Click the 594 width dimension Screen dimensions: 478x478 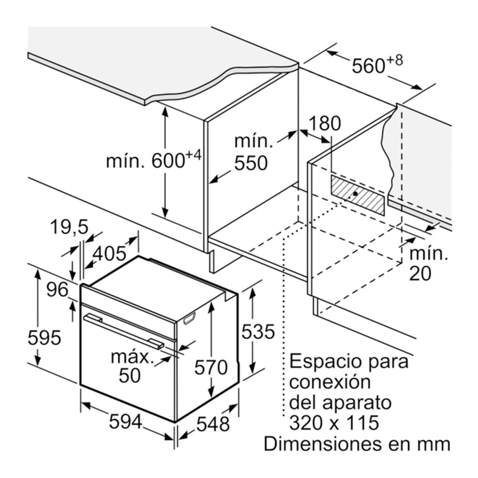[126, 422]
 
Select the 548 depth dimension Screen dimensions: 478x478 [213, 424]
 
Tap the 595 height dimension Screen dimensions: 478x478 [44, 337]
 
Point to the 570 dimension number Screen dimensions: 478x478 [211, 367]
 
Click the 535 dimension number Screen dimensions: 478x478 [258, 332]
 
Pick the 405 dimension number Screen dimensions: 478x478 [109, 253]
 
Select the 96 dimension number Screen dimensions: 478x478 [57, 290]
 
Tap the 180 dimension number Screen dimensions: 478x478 [325, 123]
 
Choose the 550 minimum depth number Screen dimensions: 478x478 [251, 163]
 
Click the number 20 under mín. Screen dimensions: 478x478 [420, 273]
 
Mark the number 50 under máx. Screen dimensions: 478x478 [130, 375]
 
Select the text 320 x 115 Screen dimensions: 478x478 [334, 423]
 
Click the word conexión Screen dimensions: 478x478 [330, 381]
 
